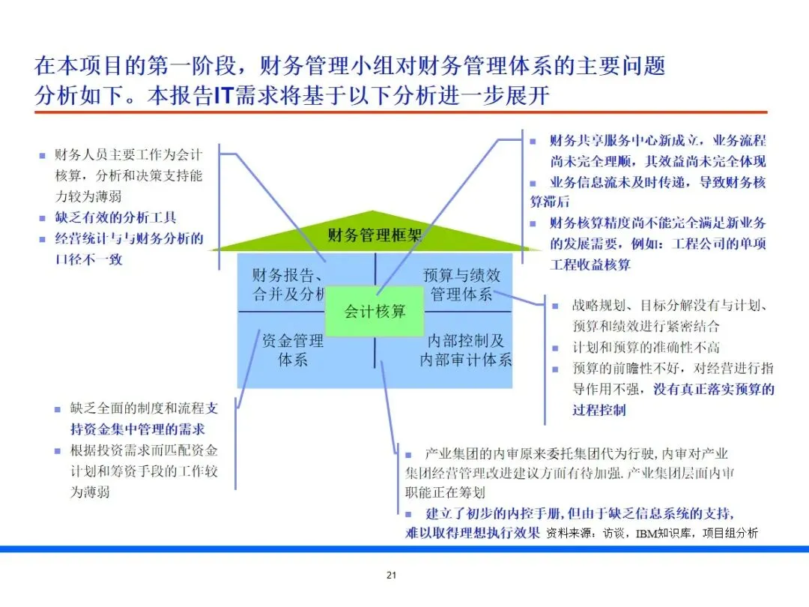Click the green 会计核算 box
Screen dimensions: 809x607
pos(375,311)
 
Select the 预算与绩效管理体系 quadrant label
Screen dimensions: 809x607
pos(461,285)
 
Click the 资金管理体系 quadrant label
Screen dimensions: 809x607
pos(293,350)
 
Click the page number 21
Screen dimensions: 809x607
pos(390,576)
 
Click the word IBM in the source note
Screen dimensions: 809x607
pos(649,534)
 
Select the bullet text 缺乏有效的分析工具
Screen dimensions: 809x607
pos(115,218)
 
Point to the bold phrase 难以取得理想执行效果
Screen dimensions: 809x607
pos(473,534)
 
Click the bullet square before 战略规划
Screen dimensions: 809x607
pos(555,306)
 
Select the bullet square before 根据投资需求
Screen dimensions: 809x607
pos(57,451)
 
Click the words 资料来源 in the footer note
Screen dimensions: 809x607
pos(572,534)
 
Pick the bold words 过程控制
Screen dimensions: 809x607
pos(599,410)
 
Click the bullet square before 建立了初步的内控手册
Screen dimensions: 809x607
pos(409,514)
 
